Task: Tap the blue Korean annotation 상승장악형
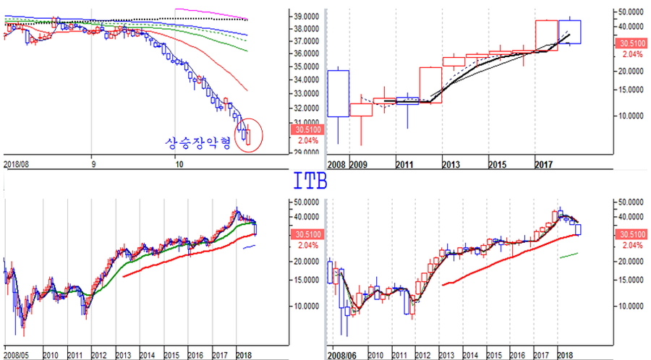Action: tap(197, 142)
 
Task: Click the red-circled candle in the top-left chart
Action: tap(248, 134)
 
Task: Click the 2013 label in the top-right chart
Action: tap(451, 165)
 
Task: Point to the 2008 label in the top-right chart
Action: tap(336, 165)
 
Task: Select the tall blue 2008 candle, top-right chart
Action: tap(338, 93)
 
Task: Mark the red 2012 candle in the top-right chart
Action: tap(430, 85)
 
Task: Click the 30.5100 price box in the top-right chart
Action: tap(629, 44)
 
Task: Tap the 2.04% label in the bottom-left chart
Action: tap(305, 244)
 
